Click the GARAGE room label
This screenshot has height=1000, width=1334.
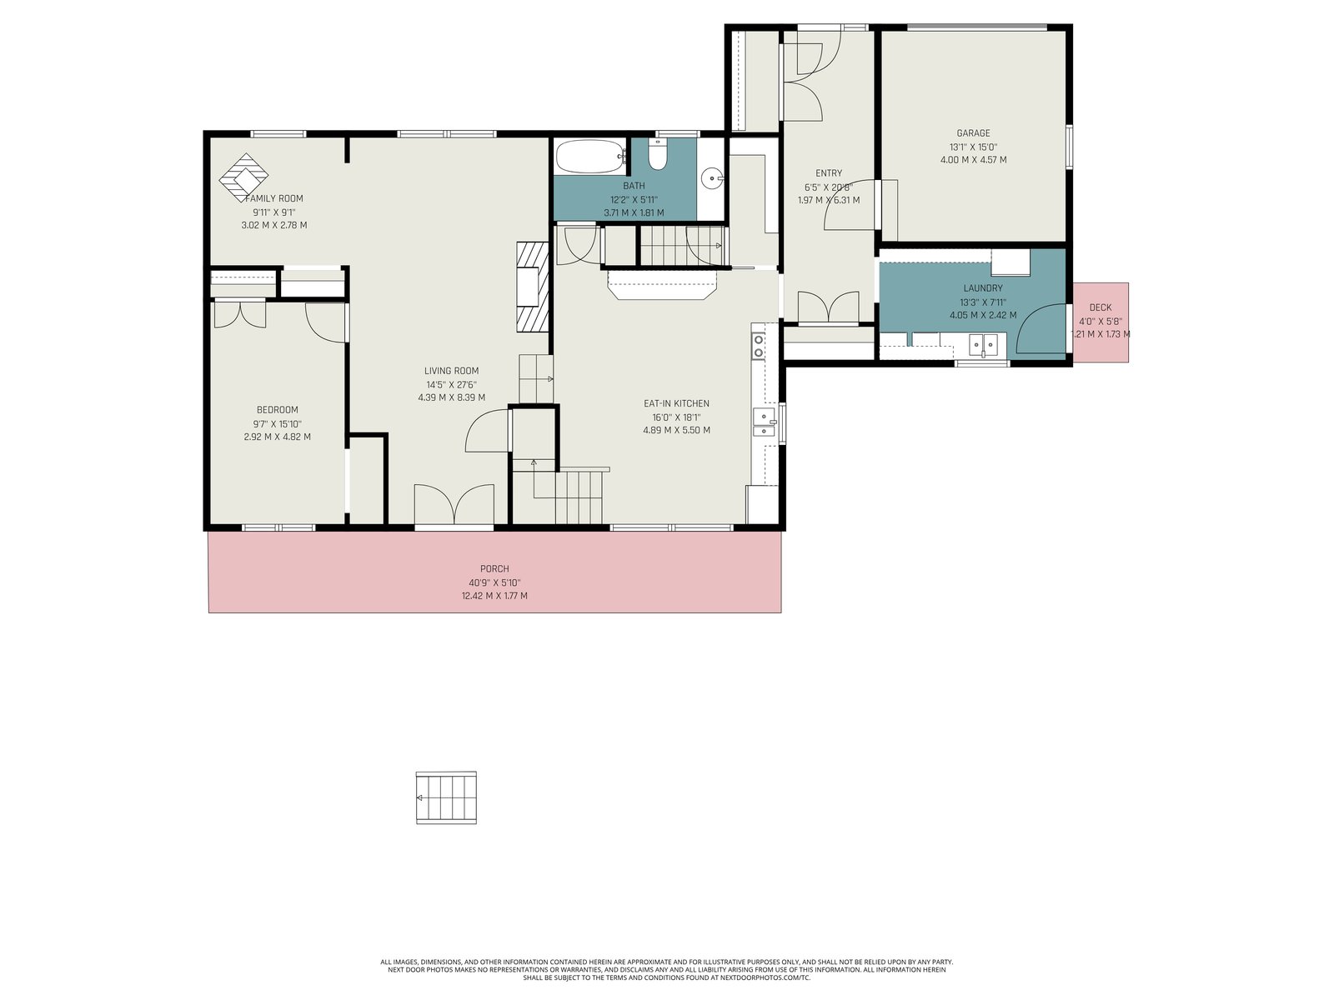[x=973, y=133]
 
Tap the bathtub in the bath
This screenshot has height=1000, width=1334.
[x=591, y=157]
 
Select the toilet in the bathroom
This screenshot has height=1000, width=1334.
[x=658, y=154]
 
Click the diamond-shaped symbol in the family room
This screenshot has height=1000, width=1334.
[x=243, y=177]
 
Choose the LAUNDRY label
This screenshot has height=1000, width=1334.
[x=983, y=288]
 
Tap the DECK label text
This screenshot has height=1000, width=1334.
[x=1100, y=307]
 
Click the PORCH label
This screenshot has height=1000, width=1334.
[x=494, y=569]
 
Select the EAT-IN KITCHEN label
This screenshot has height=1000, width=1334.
[x=676, y=403]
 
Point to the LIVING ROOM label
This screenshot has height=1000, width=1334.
[x=452, y=370]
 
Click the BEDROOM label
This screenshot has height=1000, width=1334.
[x=277, y=410]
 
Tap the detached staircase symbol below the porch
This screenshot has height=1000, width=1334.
[x=446, y=797]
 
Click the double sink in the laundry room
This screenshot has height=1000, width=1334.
[x=983, y=346]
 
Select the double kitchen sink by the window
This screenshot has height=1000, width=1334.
[x=765, y=422]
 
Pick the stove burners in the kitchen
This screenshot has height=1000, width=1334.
[x=759, y=346]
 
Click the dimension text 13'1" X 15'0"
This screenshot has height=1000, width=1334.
[x=973, y=147]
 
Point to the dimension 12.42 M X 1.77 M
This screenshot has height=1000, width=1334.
[x=494, y=596]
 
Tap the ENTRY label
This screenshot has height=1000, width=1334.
[x=829, y=173]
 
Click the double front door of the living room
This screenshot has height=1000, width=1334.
[x=454, y=504]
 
